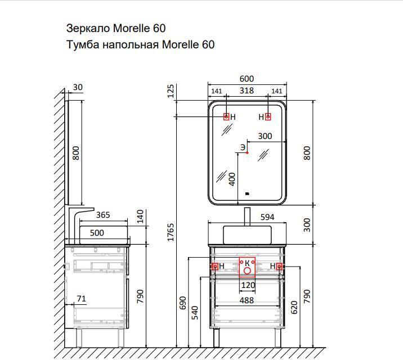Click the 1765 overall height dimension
[171, 232]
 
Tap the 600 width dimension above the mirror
[247, 79]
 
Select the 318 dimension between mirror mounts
[247, 91]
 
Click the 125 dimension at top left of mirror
[171, 91]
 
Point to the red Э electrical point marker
[247, 153]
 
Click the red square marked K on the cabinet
[247, 267]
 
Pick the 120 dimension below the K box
[248, 285]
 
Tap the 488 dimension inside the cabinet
[247, 300]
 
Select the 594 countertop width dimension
[267, 217]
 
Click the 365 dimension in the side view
[103, 215]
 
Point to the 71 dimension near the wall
[81, 299]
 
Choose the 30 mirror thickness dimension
[78, 87]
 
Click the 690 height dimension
[182, 303]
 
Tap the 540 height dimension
[195, 313]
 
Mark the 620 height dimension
[294, 307]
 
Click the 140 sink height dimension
[140, 217]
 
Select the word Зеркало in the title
[88, 28]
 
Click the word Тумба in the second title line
[83, 44]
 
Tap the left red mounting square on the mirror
[226, 117]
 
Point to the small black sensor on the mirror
[247, 193]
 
